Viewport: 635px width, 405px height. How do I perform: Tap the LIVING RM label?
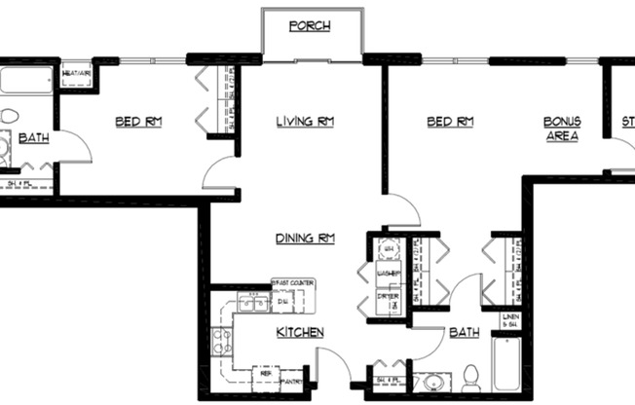[307, 122]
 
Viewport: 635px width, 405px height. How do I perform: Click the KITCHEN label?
[301, 333]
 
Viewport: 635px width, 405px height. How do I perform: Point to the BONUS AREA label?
[562, 129]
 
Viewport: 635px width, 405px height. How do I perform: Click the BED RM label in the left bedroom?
[137, 122]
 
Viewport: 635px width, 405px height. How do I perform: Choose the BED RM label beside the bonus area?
[450, 122]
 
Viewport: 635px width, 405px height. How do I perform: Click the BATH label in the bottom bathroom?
[464, 333]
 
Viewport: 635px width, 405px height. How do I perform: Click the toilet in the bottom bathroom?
[469, 376]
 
